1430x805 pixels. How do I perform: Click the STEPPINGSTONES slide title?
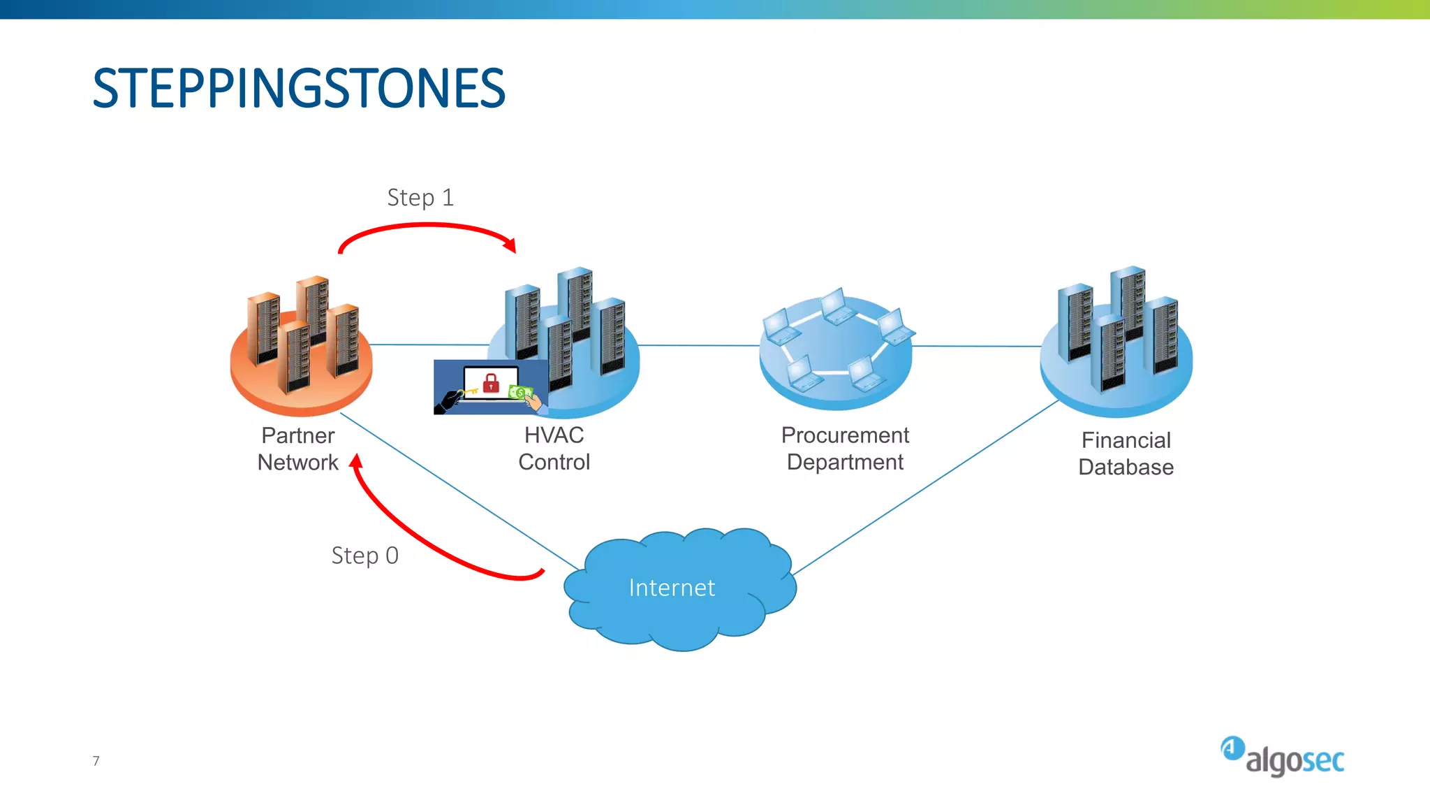(299, 89)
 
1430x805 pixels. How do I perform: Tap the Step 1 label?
(420, 198)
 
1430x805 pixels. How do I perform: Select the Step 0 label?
(364, 556)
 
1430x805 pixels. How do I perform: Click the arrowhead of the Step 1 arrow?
(510, 245)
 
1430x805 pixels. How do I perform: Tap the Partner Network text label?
(298, 449)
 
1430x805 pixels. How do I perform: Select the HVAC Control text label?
(554, 449)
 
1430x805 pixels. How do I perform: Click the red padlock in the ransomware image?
(492, 383)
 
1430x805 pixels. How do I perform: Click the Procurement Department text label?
(845, 449)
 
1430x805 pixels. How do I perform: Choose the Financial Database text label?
(1126, 454)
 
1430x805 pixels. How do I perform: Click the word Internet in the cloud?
(672, 588)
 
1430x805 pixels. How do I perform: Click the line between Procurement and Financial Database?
(978, 346)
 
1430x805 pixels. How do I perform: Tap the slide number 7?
(96, 761)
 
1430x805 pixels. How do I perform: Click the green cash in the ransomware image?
(519, 393)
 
